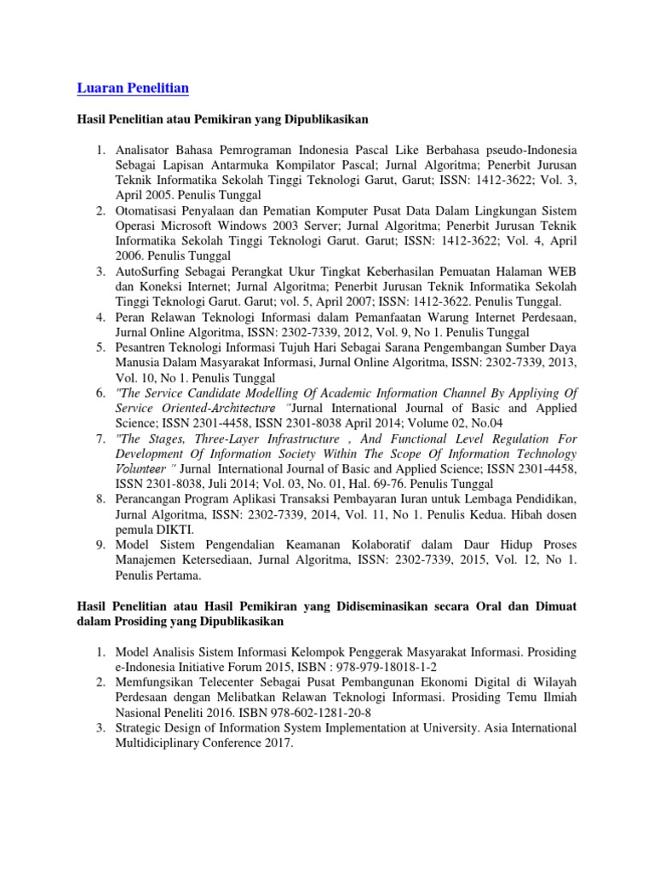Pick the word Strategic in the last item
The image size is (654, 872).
(141, 727)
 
